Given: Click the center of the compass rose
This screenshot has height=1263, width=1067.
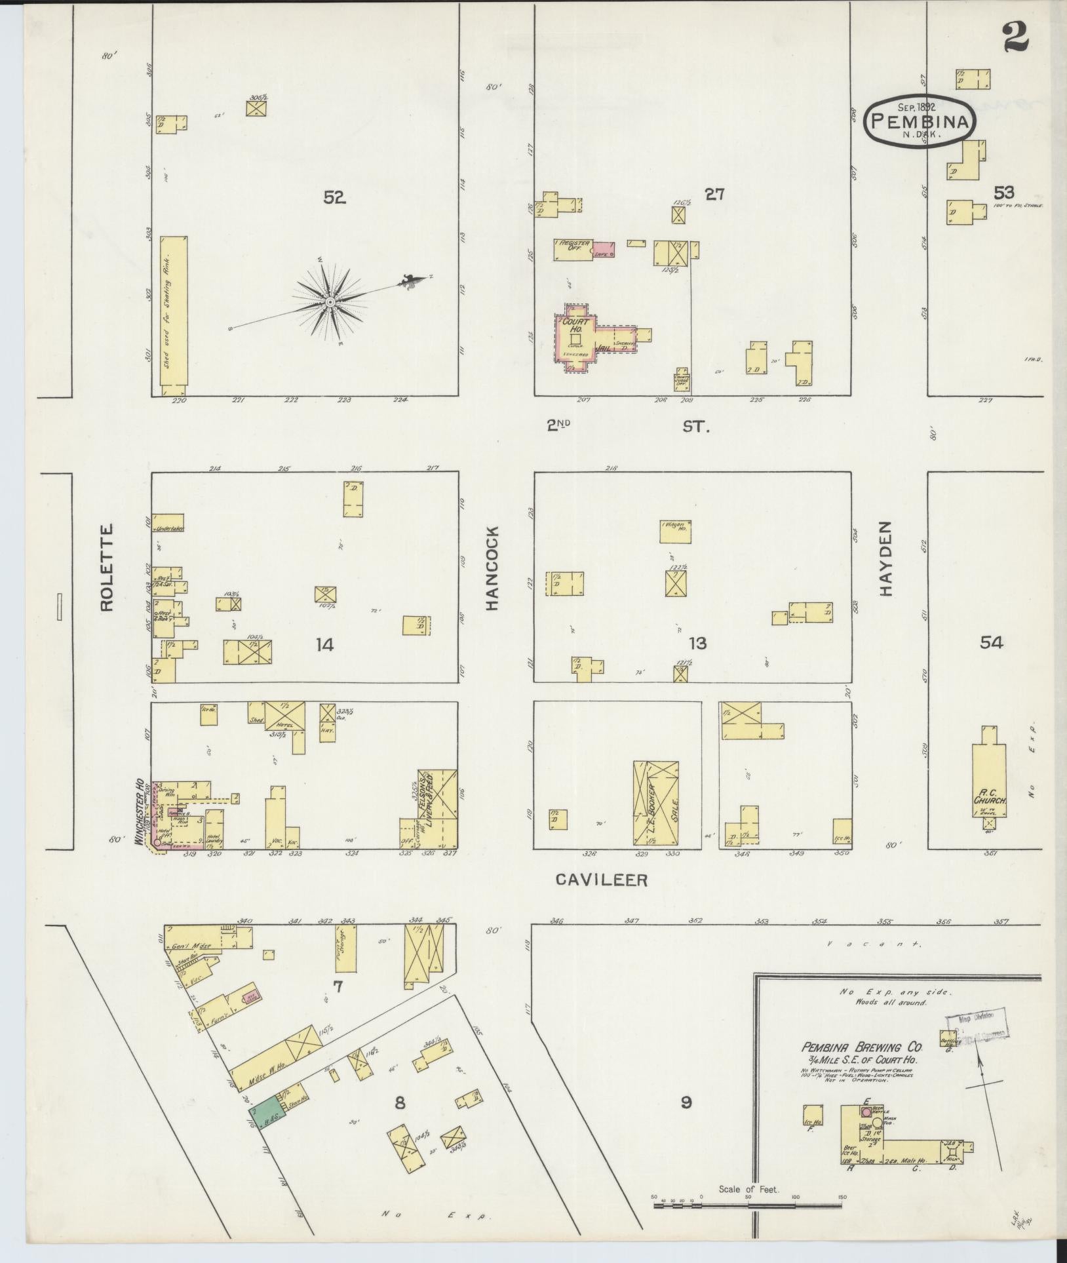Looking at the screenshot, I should [330, 301].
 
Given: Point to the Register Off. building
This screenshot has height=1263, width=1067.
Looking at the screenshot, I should [574, 250].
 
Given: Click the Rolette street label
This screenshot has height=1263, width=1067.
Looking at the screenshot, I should [107, 568].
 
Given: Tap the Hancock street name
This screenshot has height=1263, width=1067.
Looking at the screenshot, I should [492, 568].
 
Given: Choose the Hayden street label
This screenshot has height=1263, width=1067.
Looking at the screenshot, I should [887, 558].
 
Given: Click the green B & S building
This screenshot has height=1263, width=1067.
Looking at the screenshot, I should [263, 1112].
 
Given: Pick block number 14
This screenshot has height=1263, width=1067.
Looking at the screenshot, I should [324, 645].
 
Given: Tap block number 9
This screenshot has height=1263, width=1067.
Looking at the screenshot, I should [686, 1102].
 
